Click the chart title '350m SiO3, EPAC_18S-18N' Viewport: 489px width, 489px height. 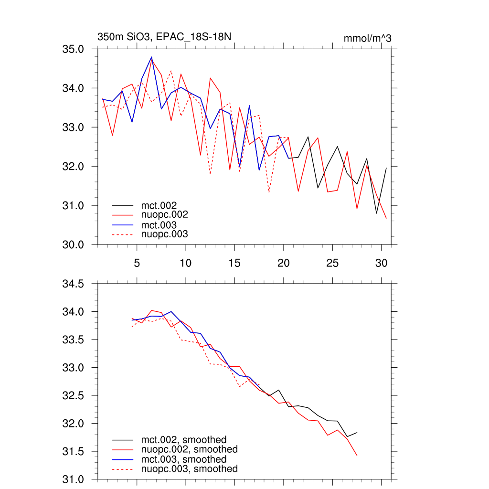click(x=164, y=37)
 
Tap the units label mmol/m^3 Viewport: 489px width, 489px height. click(x=367, y=38)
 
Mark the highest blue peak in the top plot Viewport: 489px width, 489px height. click(x=151, y=57)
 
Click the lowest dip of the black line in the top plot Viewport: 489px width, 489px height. click(x=376, y=213)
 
